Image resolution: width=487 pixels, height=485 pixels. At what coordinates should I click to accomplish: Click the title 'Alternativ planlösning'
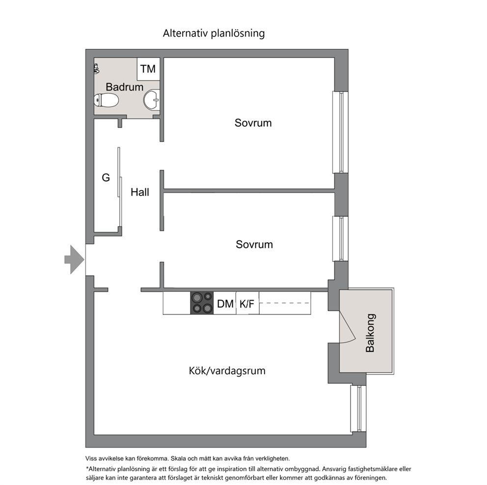214,33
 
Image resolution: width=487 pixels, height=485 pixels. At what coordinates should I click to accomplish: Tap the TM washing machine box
148,69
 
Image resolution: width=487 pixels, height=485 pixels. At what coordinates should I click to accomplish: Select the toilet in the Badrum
106,100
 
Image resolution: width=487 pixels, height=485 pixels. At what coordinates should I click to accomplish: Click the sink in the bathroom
152,99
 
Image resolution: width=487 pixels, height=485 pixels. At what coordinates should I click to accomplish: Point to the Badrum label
125,87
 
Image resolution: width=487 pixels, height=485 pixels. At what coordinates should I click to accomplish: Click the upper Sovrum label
253,123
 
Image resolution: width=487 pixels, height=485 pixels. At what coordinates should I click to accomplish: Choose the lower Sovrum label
254,244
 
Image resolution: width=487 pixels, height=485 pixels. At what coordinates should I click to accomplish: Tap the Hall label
140,192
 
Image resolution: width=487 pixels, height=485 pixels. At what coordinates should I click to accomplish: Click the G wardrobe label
106,177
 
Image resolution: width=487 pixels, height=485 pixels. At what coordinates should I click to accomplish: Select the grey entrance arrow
74,259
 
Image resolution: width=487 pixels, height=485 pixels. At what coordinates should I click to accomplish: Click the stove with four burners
202,303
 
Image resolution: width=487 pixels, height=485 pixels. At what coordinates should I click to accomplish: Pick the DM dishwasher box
225,303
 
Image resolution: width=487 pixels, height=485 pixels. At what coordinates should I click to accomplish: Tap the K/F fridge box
247,303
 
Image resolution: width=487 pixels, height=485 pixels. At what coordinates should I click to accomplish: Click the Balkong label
370,333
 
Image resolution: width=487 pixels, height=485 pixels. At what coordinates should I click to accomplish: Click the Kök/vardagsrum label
227,371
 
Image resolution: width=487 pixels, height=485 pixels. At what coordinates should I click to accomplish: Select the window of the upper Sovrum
340,132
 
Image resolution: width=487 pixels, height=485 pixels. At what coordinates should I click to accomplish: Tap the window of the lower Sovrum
340,239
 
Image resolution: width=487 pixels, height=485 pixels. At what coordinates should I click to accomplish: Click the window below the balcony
358,408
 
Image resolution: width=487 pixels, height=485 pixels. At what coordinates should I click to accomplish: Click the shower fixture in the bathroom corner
97,69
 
